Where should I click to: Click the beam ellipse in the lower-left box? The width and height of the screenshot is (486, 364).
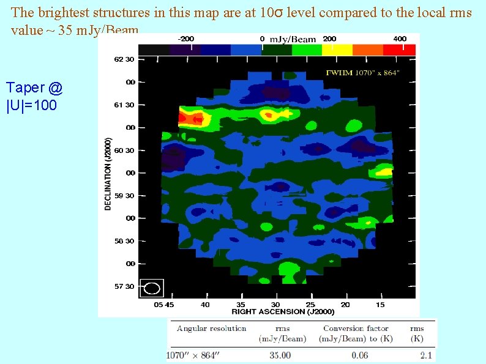(153, 288)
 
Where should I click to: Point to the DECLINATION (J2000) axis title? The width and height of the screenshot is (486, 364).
(108, 173)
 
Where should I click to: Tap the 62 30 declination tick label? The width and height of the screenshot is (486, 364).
(125, 59)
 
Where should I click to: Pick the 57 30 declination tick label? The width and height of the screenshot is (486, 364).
(125, 286)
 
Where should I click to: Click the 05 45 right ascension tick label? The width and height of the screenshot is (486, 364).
(164, 305)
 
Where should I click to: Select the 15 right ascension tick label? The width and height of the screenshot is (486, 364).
(380, 305)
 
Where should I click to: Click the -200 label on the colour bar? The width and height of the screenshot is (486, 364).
(187, 39)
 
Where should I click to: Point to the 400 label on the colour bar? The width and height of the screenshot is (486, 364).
(400, 39)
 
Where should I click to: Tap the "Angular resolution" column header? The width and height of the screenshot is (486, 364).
(211, 329)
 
